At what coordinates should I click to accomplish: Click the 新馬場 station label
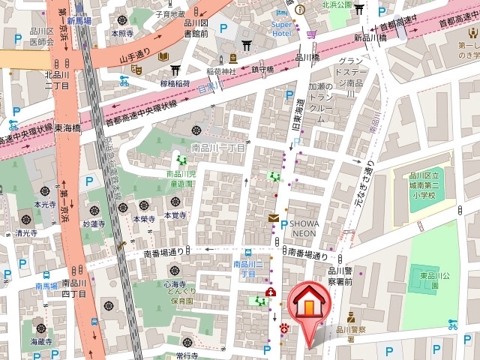[79, 22]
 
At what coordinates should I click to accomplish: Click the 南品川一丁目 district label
[218, 148]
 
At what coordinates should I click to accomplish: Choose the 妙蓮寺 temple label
[93, 223]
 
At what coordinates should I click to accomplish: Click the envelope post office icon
[273, 218]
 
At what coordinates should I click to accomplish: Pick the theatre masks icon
[136, 68]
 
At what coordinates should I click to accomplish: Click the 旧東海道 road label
[298, 121]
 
